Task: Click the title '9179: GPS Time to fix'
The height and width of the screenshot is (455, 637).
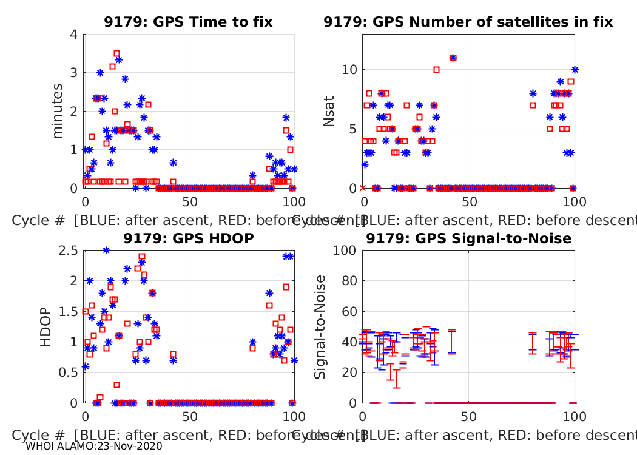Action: tap(188, 22)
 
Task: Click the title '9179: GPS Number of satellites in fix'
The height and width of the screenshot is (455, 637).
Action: tap(468, 22)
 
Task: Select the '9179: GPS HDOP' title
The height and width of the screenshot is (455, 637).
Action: tap(188, 238)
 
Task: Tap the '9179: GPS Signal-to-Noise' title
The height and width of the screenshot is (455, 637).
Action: tap(468, 238)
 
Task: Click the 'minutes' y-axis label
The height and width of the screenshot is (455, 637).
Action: tap(58, 111)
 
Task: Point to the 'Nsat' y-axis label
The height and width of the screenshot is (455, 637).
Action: tap(329, 111)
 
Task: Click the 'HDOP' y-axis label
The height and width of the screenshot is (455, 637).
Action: tap(46, 326)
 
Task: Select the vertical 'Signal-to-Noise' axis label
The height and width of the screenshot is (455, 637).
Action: tap(320, 326)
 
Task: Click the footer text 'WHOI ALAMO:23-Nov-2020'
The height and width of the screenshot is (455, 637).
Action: tap(94, 446)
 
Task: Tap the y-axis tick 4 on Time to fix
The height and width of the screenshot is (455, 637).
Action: tap(73, 34)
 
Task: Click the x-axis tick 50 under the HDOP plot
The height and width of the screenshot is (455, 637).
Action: tap(190, 417)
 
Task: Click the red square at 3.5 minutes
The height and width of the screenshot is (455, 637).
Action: tap(116, 53)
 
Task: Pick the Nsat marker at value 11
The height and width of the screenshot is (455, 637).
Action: tap(453, 58)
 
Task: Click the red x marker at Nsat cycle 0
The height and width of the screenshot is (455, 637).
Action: tap(363, 188)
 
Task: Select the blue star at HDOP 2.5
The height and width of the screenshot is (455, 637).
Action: tap(106, 250)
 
